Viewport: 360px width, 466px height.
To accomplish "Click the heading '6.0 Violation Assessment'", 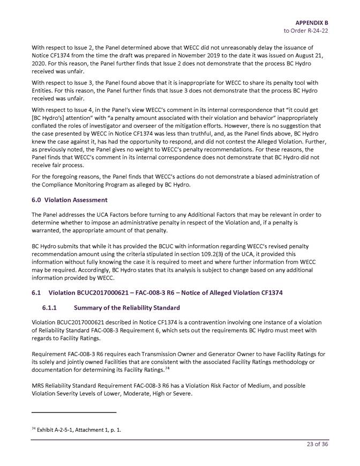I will (69, 200).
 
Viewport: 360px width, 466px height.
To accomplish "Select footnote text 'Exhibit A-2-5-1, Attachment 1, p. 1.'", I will (79, 429).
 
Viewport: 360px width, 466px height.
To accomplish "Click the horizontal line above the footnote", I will (74, 412).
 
